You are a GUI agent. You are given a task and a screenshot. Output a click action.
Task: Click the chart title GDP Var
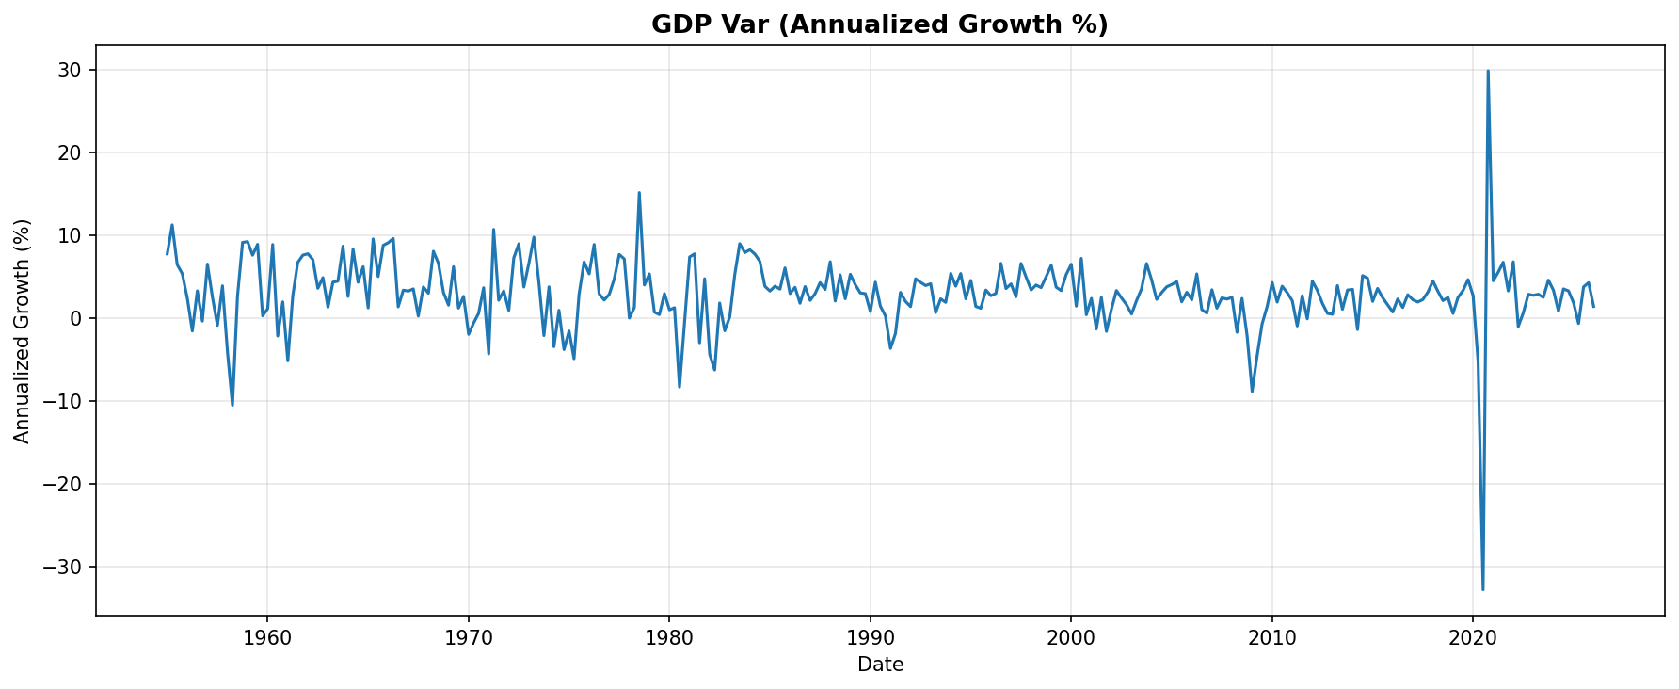[880, 24]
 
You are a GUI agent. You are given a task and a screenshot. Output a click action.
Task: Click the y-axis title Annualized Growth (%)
[23, 331]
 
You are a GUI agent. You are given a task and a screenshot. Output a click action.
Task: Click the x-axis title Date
[880, 665]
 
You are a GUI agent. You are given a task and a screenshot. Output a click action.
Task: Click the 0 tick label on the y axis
[76, 318]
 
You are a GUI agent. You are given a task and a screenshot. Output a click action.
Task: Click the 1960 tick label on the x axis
[267, 638]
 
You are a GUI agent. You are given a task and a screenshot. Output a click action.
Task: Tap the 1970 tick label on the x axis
[468, 638]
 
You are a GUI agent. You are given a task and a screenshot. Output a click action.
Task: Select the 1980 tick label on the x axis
[669, 638]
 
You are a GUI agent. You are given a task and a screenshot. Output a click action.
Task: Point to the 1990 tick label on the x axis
[870, 638]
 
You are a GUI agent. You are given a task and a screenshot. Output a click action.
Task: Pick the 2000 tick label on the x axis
[1071, 638]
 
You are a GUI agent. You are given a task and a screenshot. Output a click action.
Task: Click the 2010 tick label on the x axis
[1271, 638]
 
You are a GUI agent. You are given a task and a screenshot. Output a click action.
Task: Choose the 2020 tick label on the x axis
[1473, 638]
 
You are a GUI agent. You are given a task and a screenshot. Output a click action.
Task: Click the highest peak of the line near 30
[1488, 71]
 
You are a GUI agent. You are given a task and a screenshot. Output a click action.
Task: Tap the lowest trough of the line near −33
[1483, 589]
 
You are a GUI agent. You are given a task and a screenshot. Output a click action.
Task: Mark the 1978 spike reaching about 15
[639, 193]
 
